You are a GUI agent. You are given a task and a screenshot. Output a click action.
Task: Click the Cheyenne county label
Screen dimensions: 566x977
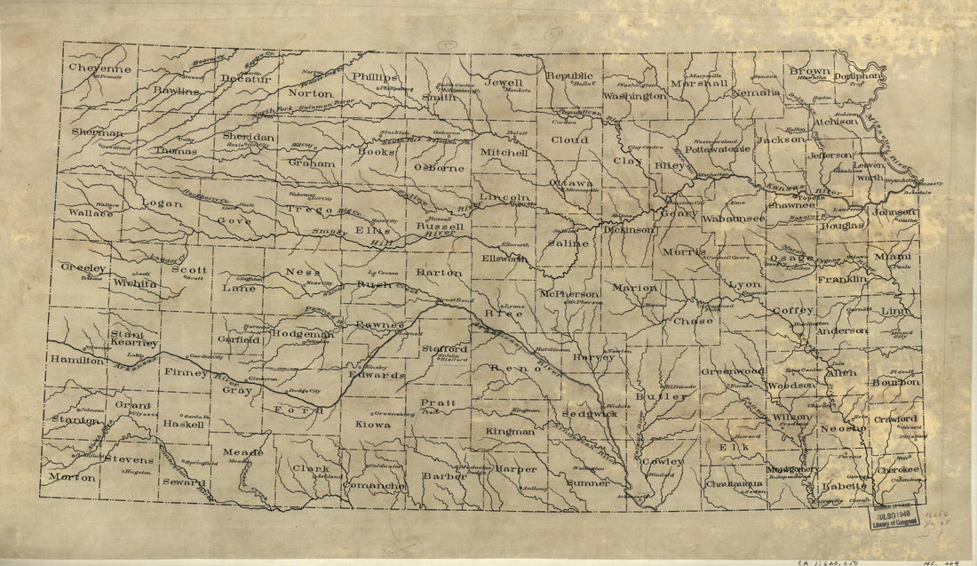click(x=101, y=68)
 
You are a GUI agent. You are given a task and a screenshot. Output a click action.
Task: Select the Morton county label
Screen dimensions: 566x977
click(x=72, y=477)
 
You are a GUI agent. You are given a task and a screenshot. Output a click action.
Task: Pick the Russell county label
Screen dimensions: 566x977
click(x=441, y=227)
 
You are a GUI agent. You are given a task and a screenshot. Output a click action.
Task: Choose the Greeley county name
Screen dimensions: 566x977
click(x=83, y=267)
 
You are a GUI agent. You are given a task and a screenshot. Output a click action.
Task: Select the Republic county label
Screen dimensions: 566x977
click(x=568, y=76)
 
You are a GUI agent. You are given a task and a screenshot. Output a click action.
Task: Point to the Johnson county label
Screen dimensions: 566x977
click(x=894, y=212)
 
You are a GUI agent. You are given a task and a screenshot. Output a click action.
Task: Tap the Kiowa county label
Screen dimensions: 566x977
click(x=373, y=426)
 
